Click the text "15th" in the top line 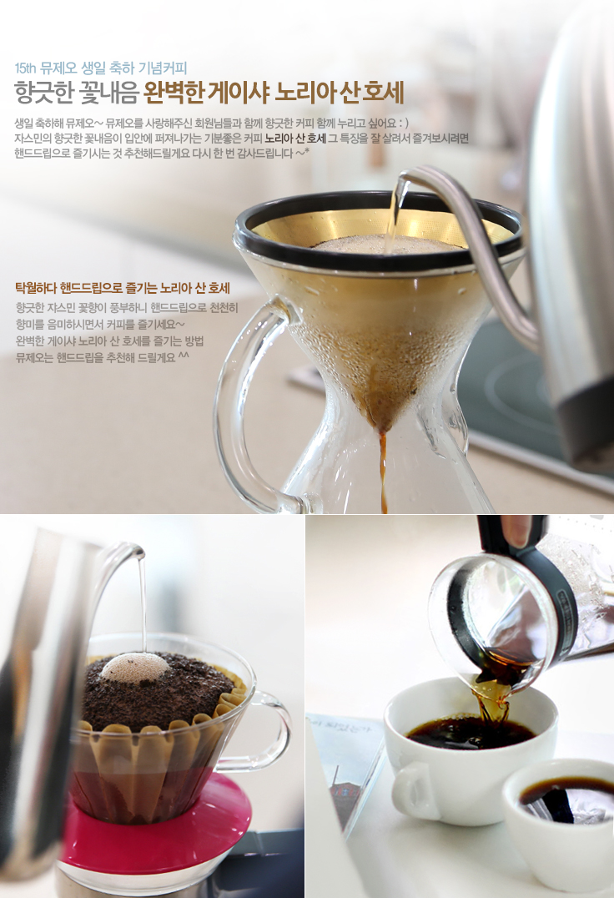point(25,68)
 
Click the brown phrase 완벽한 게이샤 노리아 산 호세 point(274,93)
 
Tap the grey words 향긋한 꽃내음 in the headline point(76,93)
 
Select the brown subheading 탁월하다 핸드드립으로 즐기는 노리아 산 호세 point(123,287)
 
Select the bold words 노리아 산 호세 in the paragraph point(295,138)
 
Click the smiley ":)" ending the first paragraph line point(403,124)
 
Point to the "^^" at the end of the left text point(184,356)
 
